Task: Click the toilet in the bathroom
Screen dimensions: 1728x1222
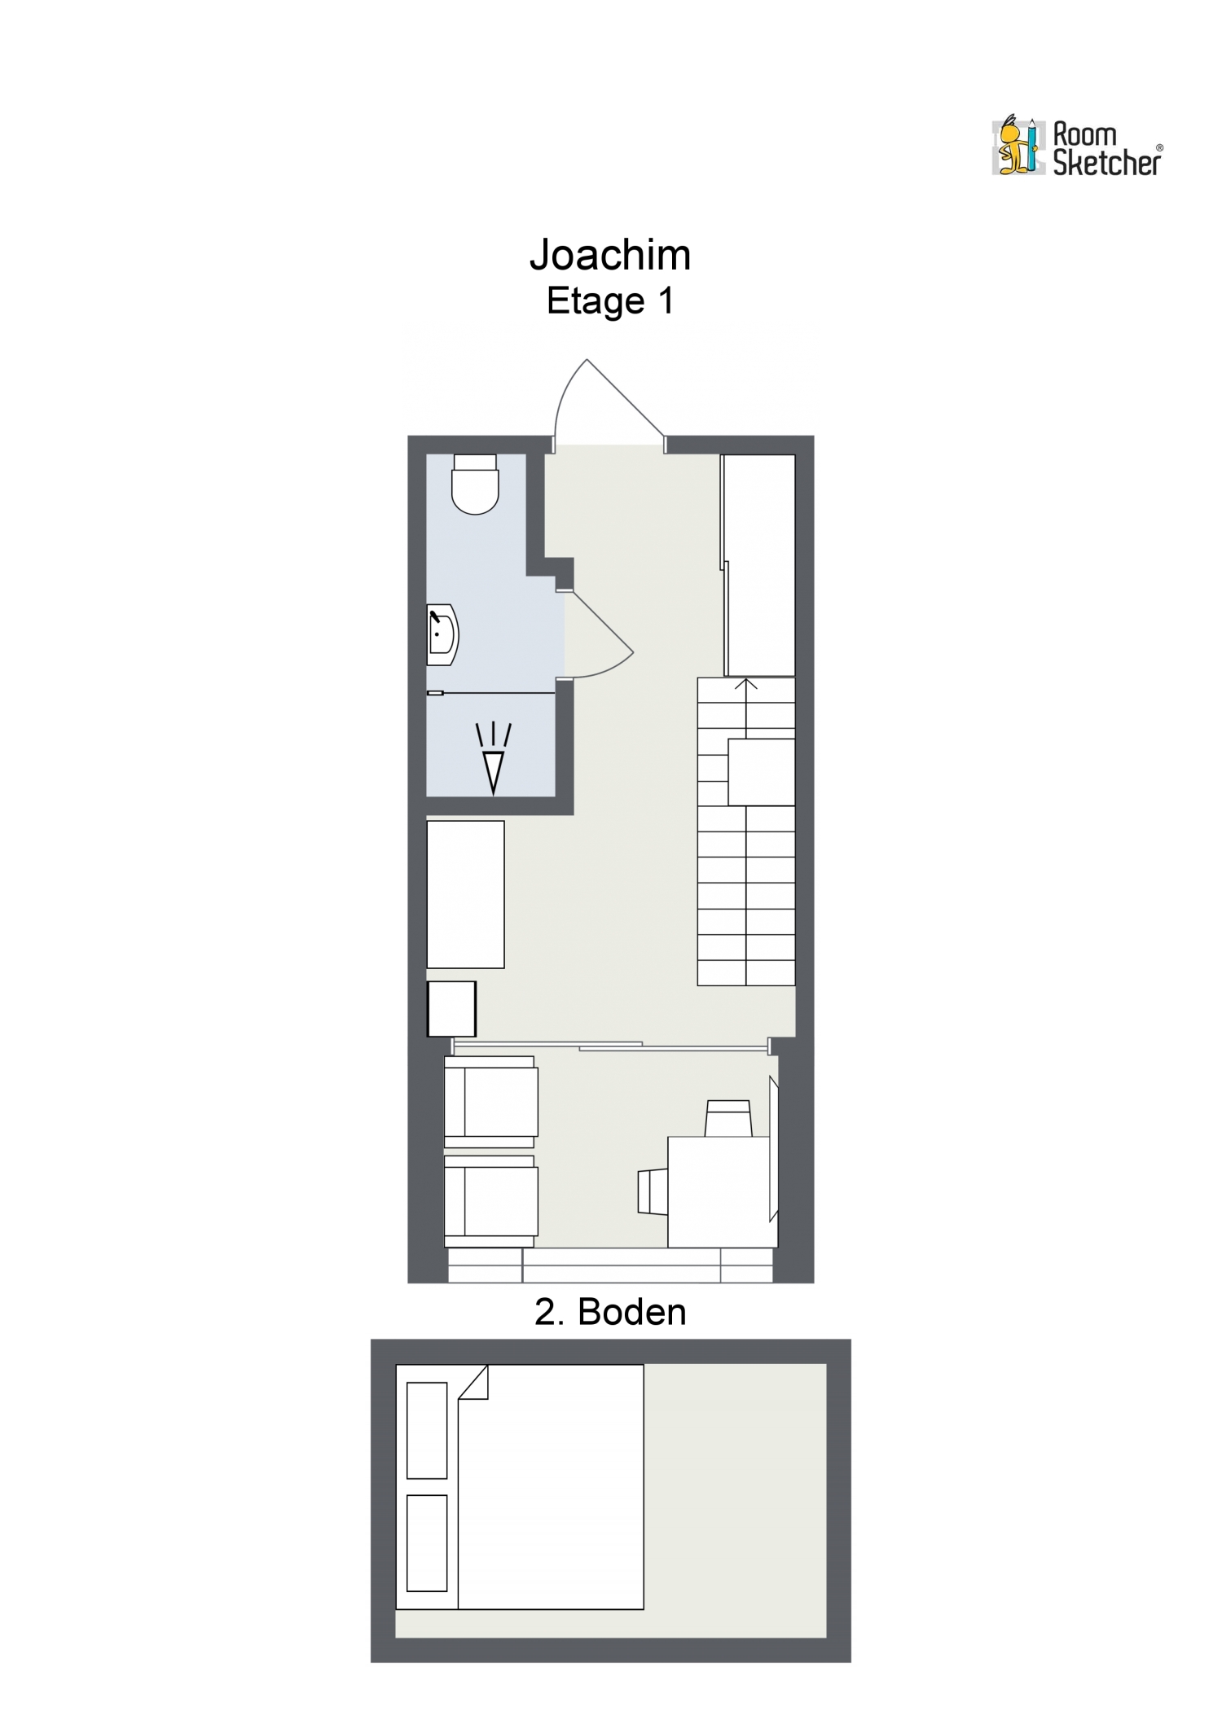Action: tap(475, 485)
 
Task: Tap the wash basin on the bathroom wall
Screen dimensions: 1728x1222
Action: tap(442, 635)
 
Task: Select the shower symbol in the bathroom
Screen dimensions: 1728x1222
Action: tap(494, 758)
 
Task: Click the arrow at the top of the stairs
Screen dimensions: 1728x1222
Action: tap(746, 685)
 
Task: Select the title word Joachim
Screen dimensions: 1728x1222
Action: tap(610, 255)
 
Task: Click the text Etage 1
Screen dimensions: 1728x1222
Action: tap(610, 301)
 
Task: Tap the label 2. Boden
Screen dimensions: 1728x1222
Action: tap(610, 1312)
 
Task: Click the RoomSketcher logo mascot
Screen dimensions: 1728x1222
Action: tap(1017, 147)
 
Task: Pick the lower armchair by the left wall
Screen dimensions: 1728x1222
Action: tap(490, 1202)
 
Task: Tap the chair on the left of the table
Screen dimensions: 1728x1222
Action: tap(653, 1192)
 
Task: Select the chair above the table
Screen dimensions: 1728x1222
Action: tap(727, 1119)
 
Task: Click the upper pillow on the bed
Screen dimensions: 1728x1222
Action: tap(427, 1430)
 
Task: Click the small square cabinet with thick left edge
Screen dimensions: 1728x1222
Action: tap(451, 1009)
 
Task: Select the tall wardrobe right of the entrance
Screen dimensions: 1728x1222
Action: tap(759, 565)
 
